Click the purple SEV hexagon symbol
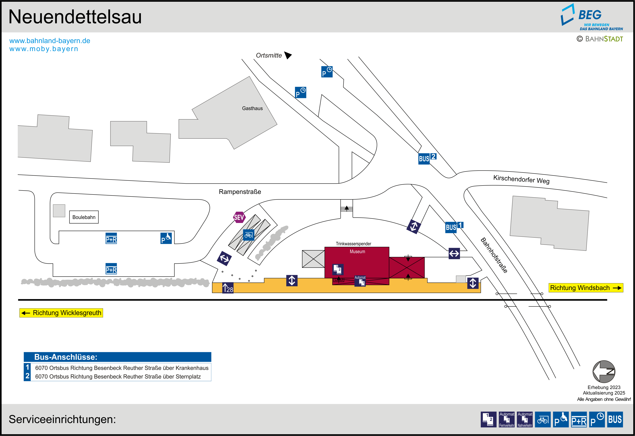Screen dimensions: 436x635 [239, 217]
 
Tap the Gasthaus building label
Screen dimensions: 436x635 [252, 109]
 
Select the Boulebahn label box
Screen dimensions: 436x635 [84, 217]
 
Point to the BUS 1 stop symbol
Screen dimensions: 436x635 [454, 227]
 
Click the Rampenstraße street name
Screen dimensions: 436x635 [240, 192]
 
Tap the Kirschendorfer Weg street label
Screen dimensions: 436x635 [521, 179]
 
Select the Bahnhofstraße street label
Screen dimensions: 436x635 [494, 255]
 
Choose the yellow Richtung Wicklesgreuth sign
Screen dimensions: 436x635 [61, 313]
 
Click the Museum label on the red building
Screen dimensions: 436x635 [357, 252]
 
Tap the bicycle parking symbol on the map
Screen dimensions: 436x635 [248, 235]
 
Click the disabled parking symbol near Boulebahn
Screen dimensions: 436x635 [166, 238]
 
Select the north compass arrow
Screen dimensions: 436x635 [604, 372]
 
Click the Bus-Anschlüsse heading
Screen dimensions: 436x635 [66, 357]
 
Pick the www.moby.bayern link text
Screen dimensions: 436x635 [44, 49]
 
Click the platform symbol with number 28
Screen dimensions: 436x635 [228, 288]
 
